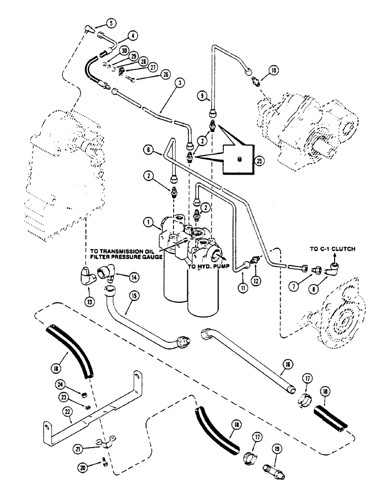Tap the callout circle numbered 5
(x=110, y=22)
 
